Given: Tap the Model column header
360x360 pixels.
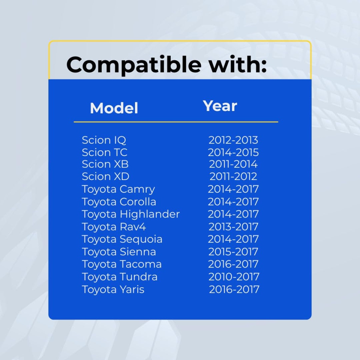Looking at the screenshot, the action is (114, 108).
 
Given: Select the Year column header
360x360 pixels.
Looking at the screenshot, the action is (220, 106).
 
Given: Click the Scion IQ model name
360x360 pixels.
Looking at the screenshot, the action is (104, 140).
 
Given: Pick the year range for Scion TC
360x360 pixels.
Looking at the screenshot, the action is (233, 152).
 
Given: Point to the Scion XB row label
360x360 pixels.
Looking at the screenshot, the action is (105, 164).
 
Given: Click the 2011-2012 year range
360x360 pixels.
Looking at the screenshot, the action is (233, 176).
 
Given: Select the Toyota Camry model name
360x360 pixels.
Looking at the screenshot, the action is (118, 190).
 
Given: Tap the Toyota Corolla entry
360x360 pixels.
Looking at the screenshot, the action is (119, 202).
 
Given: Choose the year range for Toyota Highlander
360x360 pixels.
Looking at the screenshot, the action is (233, 214).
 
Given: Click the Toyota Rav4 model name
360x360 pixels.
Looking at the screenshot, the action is (114, 227).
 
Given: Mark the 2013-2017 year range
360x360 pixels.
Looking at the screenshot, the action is (233, 227).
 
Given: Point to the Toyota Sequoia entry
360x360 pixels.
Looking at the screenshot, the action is (122, 239).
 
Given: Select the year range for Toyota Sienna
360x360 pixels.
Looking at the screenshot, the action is (233, 252).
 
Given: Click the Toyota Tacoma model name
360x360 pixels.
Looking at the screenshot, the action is (122, 264).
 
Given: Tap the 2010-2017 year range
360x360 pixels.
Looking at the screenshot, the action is (234, 277).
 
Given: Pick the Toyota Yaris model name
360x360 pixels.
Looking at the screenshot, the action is (113, 289).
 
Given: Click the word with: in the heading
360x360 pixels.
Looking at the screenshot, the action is (238, 64).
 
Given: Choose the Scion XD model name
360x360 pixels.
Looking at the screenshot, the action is (106, 176).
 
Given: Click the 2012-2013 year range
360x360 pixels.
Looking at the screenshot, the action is (233, 140).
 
